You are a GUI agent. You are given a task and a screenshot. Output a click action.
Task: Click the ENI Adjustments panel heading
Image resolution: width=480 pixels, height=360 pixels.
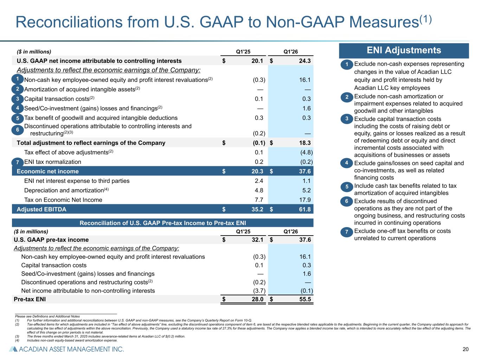[x=404, y=50]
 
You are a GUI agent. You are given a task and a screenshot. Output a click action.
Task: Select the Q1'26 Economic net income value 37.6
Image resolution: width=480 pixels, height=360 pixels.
[x=305, y=171]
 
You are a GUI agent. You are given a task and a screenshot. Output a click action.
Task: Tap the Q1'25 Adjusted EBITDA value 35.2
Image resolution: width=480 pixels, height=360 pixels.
[x=257, y=210]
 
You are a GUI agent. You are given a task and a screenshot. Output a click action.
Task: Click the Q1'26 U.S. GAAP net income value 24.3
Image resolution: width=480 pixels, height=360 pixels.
[x=305, y=61]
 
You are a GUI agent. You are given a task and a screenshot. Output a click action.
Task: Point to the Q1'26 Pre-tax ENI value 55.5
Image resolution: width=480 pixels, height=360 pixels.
[x=305, y=299]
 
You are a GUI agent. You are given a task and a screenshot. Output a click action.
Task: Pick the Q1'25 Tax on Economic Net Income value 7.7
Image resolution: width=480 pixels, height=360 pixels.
[x=259, y=200]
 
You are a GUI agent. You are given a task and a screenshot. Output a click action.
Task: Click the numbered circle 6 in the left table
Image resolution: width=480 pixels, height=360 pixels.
[x=18, y=130]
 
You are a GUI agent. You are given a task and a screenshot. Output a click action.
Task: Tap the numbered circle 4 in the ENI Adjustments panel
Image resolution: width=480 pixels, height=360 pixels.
[x=346, y=163]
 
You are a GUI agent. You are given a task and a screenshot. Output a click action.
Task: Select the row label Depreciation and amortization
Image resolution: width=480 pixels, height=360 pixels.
[x=64, y=191]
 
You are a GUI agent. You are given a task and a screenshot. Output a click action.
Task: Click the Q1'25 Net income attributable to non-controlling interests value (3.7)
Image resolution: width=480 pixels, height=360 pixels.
[x=259, y=291]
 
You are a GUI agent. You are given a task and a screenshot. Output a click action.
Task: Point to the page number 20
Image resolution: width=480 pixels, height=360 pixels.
[x=466, y=349]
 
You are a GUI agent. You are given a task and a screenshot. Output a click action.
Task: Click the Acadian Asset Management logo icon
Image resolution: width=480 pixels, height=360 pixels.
[x=13, y=349]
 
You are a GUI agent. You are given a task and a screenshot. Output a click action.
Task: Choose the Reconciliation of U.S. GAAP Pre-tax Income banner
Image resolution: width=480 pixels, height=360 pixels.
[x=162, y=223]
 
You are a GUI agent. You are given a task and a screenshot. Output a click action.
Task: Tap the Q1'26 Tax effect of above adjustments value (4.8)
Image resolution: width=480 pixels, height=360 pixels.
[x=306, y=152]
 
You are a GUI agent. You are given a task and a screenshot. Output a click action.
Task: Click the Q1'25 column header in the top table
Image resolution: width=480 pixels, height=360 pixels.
[x=243, y=52]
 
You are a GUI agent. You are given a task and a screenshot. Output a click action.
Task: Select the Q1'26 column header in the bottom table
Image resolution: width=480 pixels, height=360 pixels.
[x=290, y=231]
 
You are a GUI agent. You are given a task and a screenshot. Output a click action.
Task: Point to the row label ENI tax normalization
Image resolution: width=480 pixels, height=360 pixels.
[x=52, y=162]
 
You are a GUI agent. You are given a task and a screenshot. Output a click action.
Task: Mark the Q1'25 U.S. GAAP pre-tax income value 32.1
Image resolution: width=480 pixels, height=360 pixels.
[x=257, y=240]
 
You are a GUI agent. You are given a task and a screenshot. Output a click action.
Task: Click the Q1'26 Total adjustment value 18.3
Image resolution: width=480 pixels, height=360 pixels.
[x=305, y=143]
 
